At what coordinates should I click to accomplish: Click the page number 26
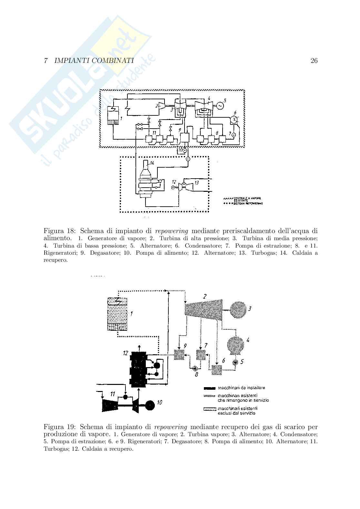[x=314, y=61]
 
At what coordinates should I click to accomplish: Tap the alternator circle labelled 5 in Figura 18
[x=220, y=105]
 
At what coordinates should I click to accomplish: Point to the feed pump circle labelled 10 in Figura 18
[x=185, y=150]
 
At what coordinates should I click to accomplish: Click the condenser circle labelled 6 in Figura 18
[x=235, y=120]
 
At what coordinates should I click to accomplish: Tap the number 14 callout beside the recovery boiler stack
[x=152, y=163]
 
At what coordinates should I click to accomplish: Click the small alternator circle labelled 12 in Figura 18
[x=173, y=187]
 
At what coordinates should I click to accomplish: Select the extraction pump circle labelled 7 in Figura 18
[x=233, y=134]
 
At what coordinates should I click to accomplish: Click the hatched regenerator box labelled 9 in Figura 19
[x=179, y=355]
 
